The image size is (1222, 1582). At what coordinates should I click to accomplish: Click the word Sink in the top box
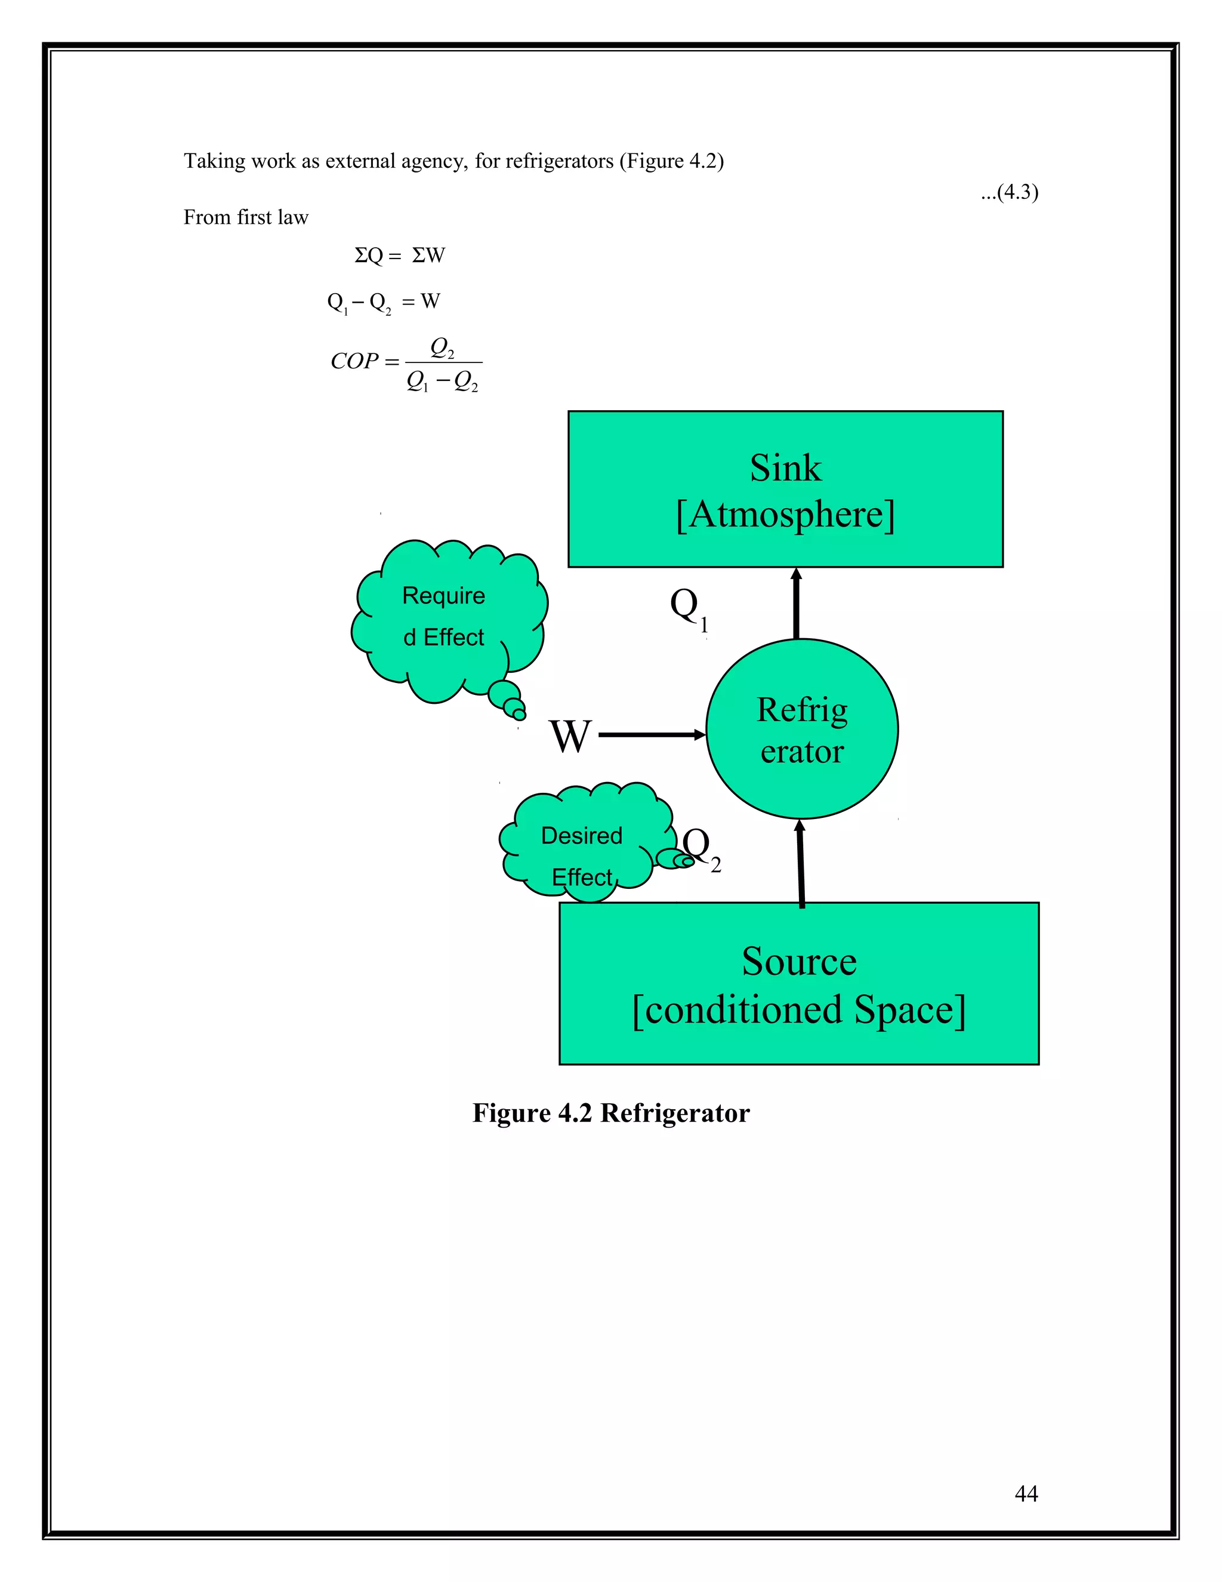(785, 468)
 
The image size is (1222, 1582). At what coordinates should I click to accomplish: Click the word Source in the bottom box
(799, 961)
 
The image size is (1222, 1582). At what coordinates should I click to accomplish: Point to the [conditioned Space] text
(799, 1009)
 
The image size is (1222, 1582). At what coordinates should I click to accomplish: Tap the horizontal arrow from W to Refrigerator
(652, 734)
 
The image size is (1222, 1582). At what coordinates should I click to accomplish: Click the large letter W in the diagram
(570, 736)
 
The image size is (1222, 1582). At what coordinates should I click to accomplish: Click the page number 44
(1026, 1493)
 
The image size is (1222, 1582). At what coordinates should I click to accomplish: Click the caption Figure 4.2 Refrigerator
(610, 1113)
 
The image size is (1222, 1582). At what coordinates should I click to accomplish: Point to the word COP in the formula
(355, 361)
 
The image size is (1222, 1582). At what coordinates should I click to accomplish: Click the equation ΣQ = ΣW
(400, 255)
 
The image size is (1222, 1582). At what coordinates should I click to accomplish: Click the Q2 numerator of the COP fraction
(442, 347)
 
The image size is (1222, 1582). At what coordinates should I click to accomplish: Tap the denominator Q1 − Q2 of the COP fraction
(442, 381)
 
